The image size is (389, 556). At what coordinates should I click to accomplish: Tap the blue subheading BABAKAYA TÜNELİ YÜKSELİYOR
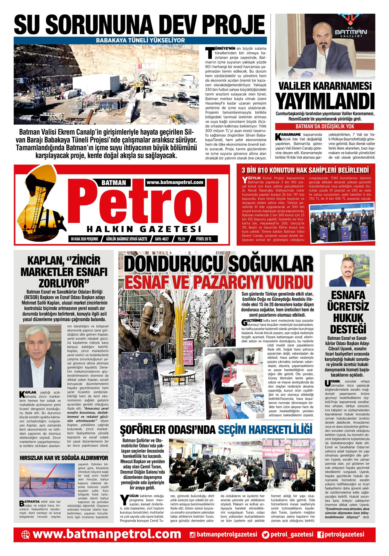pyautogui.click(x=140, y=40)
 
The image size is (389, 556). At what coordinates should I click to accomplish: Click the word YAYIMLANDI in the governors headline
pyautogui.click(x=325, y=101)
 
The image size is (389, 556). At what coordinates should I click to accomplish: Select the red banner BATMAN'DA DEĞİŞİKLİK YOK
pyautogui.click(x=324, y=127)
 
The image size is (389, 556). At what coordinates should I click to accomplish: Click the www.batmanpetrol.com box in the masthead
pyautogui.click(x=175, y=182)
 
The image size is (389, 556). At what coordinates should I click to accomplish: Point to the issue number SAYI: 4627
pyautogui.click(x=162, y=239)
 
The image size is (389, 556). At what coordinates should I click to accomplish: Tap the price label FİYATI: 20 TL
pyautogui.click(x=203, y=239)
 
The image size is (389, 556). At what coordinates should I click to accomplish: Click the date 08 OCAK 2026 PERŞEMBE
pyautogui.click(x=84, y=239)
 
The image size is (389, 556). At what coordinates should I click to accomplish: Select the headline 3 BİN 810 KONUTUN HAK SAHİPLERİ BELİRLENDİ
pyautogui.click(x=305, y=170)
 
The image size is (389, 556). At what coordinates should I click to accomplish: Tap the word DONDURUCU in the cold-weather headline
pyautogui.click(x=174, y=263)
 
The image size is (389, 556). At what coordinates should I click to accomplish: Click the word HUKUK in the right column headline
pyautogui.click(x=348, y=318)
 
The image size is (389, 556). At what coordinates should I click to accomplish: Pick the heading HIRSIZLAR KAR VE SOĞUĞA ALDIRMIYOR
pyautogui.click(x=64, y=458)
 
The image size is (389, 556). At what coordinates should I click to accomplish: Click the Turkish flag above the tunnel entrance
pyautogui.click(x=140, y=66)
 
